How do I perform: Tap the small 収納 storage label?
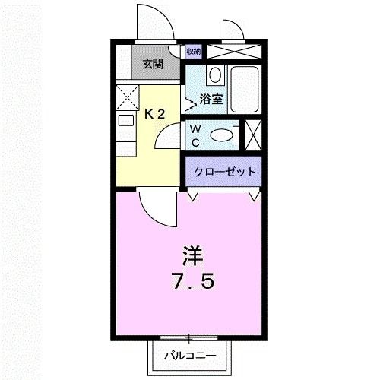(193, 52)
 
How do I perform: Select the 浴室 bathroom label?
(211, 99)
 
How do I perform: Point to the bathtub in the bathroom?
(243, 89)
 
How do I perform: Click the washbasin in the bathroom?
(214, 76)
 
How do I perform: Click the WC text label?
(195, 136)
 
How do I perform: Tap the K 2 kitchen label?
(155, 114)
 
